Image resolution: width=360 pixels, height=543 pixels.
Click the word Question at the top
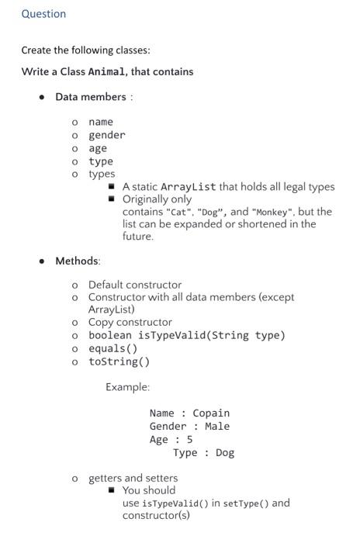[x=43, y=14]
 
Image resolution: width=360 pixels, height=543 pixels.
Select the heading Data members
[x=90, y=97]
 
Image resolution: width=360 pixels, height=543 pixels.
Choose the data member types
[x=102, y=174]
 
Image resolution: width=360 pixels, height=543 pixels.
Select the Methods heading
[x=77, y=261]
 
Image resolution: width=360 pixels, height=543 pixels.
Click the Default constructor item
[x=134, y=285]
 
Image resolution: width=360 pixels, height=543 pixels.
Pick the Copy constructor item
[x=130, y=322]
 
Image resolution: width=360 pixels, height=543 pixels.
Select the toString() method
[x=119, y=361]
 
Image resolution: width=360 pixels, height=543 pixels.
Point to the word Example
[x=127, y=387]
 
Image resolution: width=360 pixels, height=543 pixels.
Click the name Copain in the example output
[x=211, y=413]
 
